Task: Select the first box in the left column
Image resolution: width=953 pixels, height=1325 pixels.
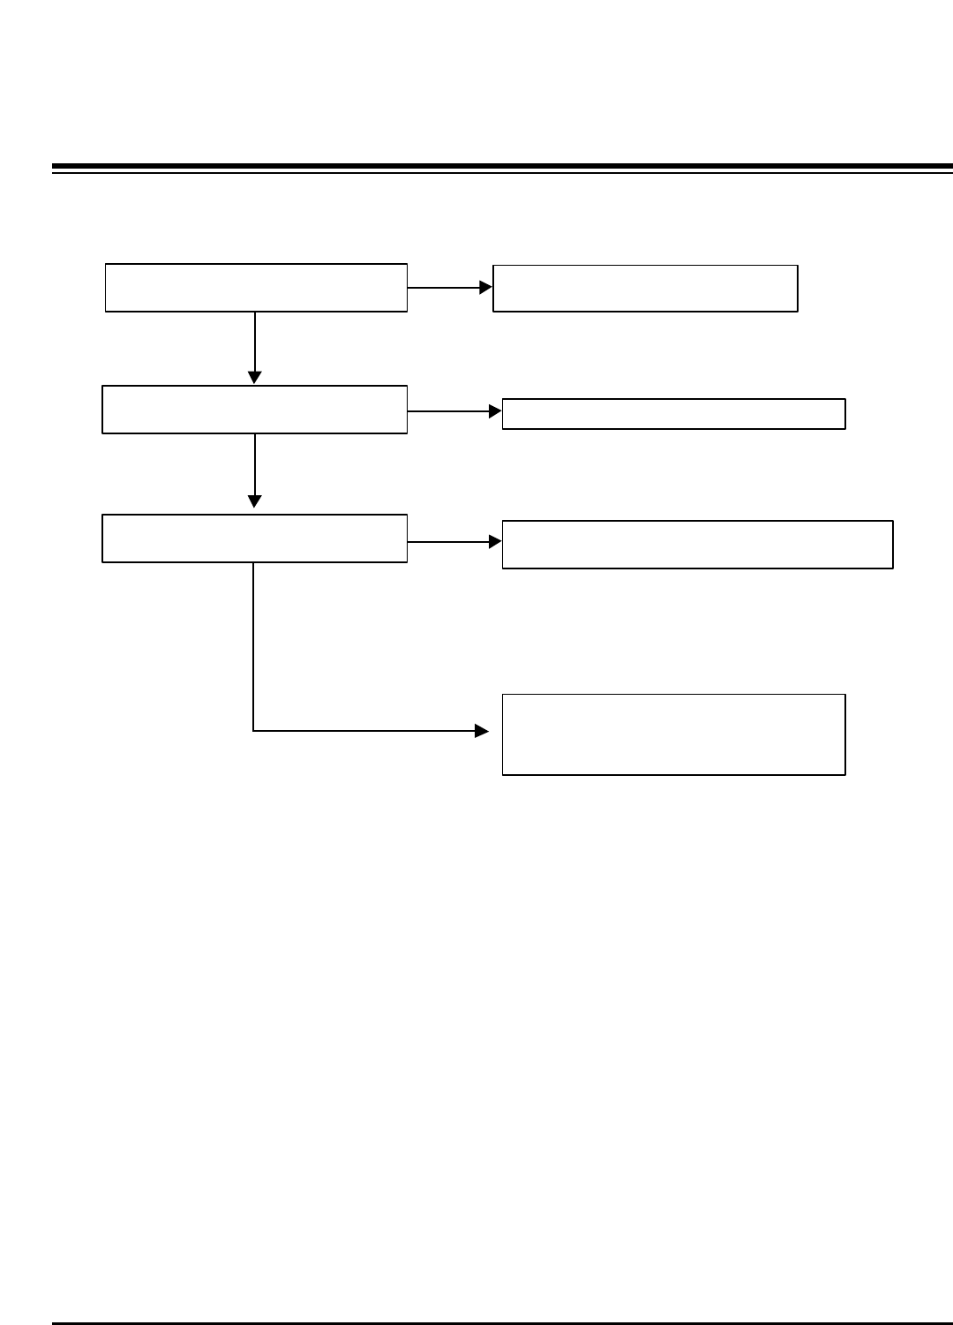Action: pos(256,287)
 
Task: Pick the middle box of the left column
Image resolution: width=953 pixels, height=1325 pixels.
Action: pos(254,409)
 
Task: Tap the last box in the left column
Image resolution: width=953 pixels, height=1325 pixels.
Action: pos(254,538)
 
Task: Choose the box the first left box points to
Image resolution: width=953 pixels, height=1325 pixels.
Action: pos(645,288)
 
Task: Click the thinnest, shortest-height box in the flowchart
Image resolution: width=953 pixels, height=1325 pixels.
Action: pos(673,413)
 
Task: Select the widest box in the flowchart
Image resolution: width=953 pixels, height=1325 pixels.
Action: pos(697,544)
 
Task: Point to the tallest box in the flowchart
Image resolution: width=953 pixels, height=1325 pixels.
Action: pos(673,734)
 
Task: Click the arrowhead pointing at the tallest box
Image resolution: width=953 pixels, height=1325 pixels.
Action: pos(482,731)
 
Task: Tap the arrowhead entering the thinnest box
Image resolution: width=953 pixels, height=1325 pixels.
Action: pos(495,411)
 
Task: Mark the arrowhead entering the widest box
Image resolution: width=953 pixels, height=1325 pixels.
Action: pos(495,542)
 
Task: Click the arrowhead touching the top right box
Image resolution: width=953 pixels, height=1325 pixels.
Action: pos(485,287)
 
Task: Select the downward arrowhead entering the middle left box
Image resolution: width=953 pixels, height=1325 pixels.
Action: pos(255,378)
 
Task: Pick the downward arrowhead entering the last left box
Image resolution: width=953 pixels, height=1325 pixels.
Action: pos(255,501)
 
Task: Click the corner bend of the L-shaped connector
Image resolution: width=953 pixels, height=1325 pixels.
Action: pos(254,731)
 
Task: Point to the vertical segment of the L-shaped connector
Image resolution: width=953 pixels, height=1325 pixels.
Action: pos(254,644)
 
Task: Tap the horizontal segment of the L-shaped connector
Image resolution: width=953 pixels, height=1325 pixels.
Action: pos(362,731)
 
